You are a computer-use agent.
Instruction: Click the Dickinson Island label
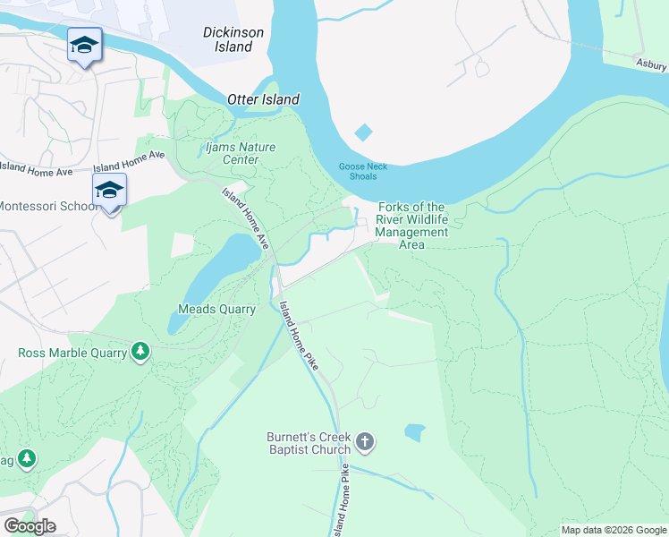coord(233,39)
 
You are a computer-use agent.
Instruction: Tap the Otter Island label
coord(263,99)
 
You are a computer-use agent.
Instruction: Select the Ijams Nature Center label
coord(241,153)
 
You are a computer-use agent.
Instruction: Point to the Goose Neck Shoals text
coord(363,171)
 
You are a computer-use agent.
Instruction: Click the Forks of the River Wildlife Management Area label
coord(411,226)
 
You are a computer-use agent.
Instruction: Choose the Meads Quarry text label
coord(216,310)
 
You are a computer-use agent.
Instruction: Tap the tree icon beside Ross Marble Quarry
coord(140,351)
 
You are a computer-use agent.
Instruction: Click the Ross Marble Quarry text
coord(72,353)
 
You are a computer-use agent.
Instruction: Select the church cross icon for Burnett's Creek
coord(364,441)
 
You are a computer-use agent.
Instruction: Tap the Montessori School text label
coord(48,206)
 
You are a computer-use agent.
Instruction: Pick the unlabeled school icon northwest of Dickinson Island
coord(84,46)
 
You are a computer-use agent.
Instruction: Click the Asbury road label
coord(651,64)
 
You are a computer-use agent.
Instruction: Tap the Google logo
coord(30,525)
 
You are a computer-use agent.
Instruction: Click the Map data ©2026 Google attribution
coord(614,530)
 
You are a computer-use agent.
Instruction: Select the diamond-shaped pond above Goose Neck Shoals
coord(363,132)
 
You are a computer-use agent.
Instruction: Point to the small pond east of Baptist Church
coord(413,432)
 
